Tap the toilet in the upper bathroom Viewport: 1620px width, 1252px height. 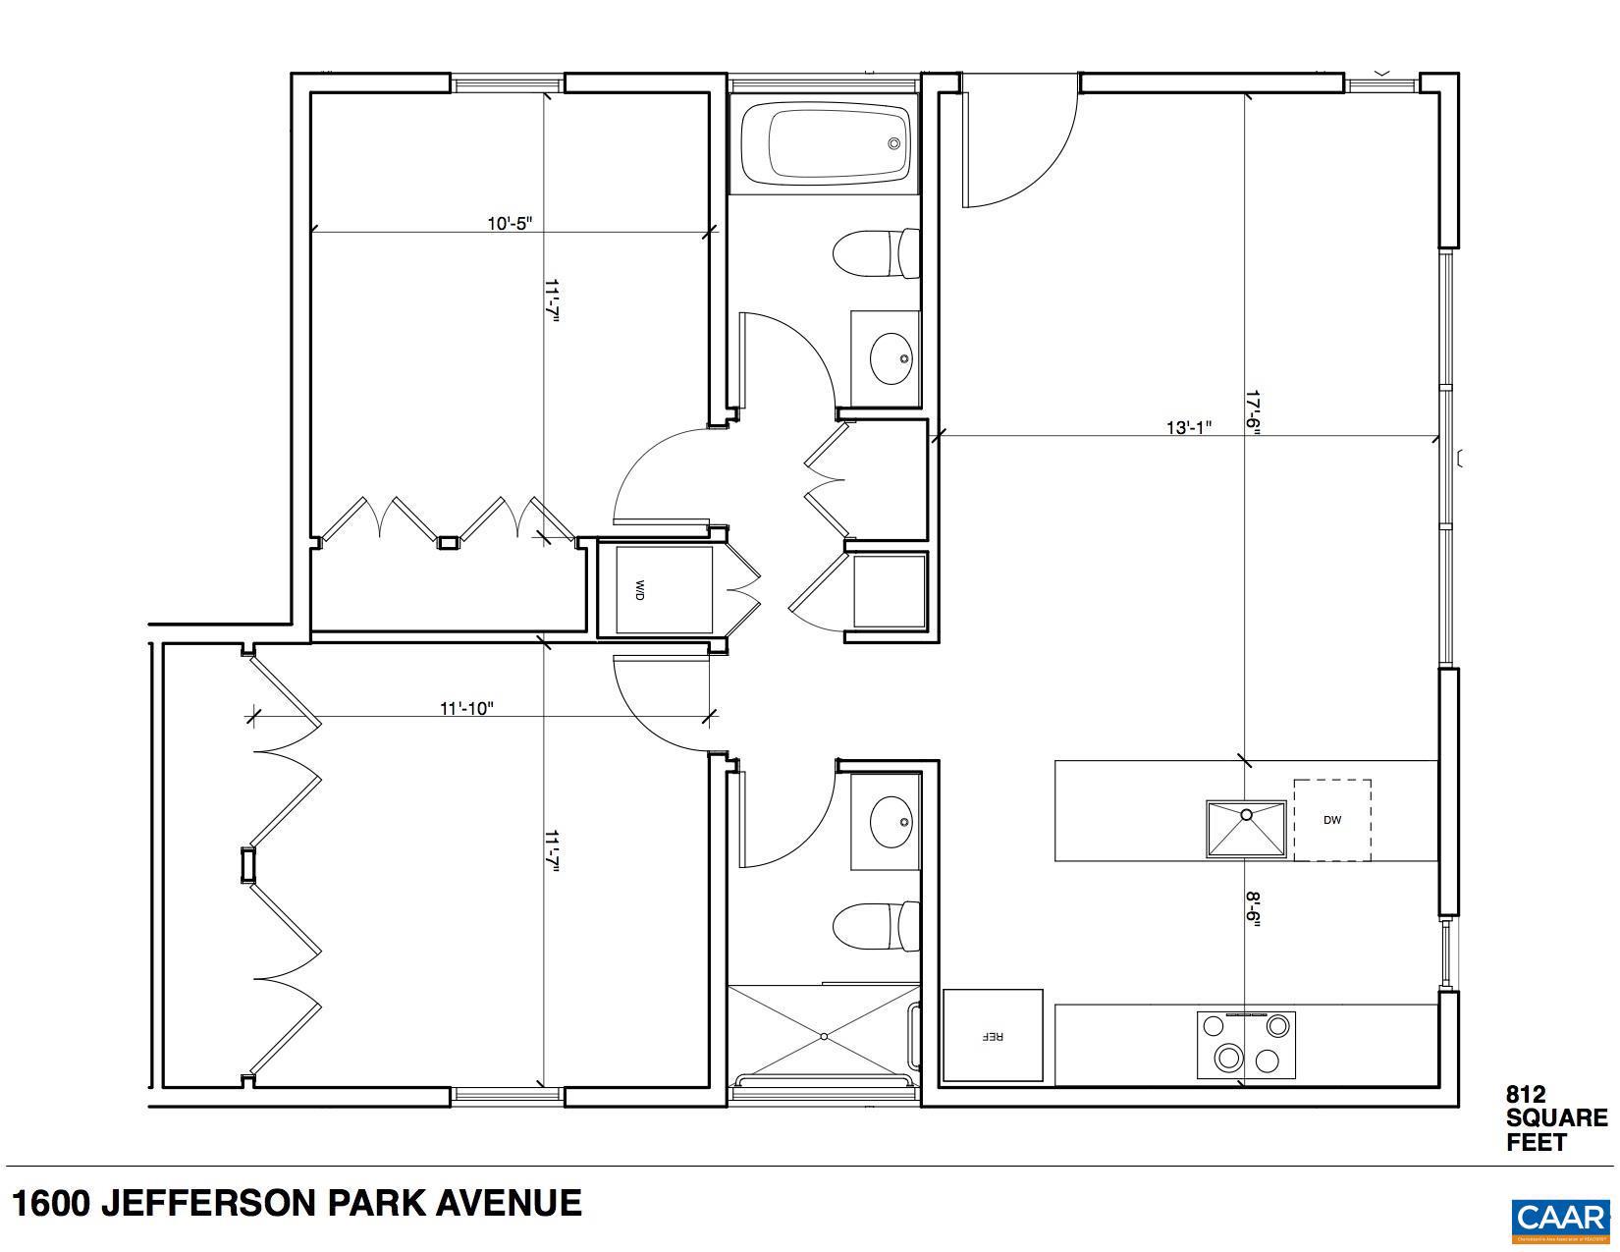[x=875, y=253]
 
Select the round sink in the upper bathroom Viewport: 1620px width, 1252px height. [x=891, y=359]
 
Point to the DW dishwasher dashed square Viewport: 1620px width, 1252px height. [x=1331, y=820]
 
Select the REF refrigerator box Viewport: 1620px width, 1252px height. [x=993, y=1035]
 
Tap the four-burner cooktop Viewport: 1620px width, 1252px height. [x=1245, y=1045]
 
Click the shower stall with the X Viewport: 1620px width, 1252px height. [x=823, y=1036]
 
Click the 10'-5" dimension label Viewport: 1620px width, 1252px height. [x=510, y=223]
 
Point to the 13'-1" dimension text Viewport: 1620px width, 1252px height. [x=1188, y=427]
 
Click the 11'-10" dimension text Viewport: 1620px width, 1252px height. [x=466, y=708]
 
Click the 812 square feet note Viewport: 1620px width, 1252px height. [x=1555, y=1117]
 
